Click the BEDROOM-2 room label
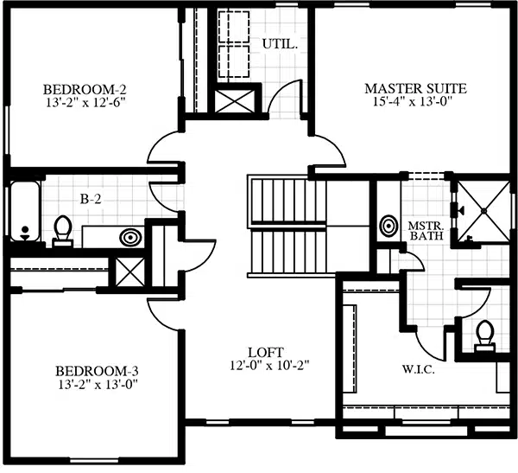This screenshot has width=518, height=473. [85, 90]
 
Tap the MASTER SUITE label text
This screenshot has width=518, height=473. [415, 89]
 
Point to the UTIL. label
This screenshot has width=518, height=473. [280, 44]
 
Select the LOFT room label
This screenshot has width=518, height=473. [266, 352]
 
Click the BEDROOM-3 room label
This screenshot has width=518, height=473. [97, 371]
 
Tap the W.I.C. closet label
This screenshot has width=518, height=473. [418, 369]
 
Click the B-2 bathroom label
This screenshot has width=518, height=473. [91, 199]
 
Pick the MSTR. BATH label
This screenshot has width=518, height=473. [426, 231]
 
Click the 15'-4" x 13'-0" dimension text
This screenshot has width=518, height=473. [413, 102]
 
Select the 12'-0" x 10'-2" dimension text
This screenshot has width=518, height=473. [269, 366]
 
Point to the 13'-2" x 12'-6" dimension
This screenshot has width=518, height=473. [85, 103]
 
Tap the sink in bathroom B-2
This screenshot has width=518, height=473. [131, 237]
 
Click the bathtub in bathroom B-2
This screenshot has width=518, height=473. [25, 211]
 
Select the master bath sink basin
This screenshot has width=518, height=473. [388, 226]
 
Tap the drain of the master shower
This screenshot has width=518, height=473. [483, 210]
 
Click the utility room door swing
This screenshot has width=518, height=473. [285, 98]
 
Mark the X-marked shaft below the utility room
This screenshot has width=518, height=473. [235, 101]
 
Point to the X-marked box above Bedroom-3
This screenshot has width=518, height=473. [130, 272]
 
